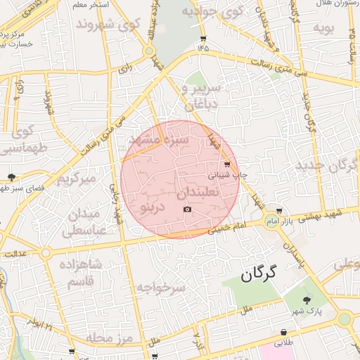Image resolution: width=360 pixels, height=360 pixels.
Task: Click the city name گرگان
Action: point(259,273)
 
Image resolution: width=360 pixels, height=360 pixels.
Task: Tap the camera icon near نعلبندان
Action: point(187,210)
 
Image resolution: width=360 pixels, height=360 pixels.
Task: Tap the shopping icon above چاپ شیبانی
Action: point(226,164)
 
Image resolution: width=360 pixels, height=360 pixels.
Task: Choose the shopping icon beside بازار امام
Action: point(279,211)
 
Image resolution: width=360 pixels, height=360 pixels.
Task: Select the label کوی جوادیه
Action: point(212,12)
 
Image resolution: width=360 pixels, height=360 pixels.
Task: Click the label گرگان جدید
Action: point(327,166)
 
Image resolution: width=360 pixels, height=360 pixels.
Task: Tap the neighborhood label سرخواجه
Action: point(160,288)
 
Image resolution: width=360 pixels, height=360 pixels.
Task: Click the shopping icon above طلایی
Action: point(283,332)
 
